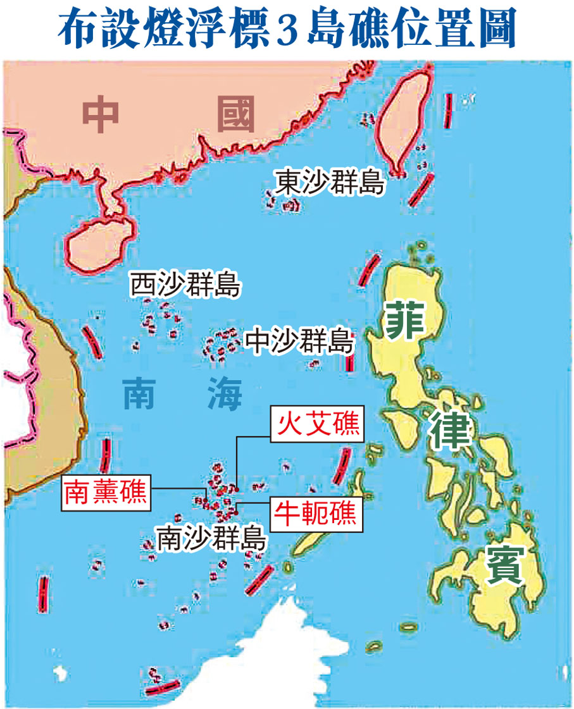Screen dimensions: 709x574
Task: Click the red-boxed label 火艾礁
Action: point(318,423)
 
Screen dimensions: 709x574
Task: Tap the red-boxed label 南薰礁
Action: point(106,491)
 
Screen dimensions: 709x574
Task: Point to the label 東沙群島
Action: point(330,183)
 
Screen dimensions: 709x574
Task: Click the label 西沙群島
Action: point(185,285)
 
